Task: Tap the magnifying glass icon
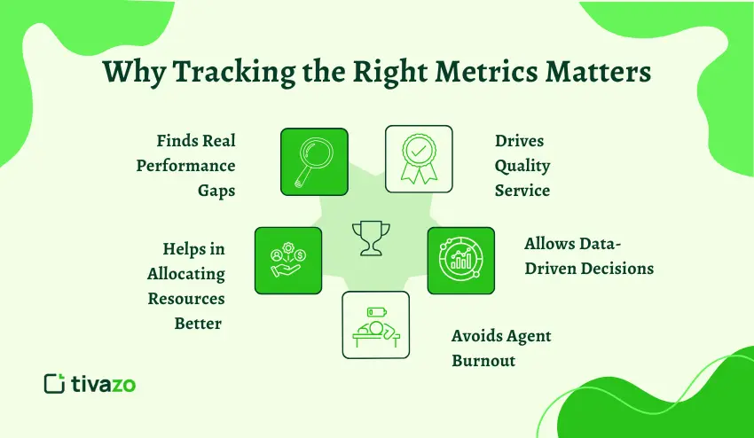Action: (x=314, y=161)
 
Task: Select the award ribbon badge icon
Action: (x=418, y=159)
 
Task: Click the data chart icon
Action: (x=460, y=260)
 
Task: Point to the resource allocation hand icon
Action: (x=287, y=260)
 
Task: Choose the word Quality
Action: (x=522, y=166)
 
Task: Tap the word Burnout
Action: (x=483, y=361)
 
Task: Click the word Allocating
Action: (x=186, y=274)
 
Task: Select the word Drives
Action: (x=519, y=141)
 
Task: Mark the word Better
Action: (x=198, y=323)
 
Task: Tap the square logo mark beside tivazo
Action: (x=55, y=383)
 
